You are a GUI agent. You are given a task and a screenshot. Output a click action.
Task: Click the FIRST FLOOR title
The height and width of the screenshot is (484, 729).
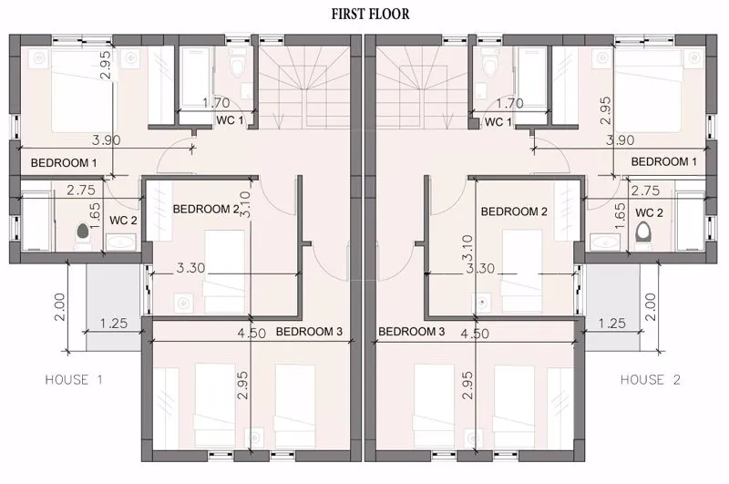click(x=371, y=14)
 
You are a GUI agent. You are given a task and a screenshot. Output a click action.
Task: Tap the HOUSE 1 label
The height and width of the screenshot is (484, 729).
click(x=74, y=380)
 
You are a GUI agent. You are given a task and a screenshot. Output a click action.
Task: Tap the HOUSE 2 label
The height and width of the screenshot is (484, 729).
click(x=651, y=380)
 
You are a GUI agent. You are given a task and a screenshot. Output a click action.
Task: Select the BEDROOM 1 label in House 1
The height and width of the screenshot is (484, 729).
click(x=64, y=163)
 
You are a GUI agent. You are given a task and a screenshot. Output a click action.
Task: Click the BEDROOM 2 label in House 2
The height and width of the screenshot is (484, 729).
click(x=514, y=211)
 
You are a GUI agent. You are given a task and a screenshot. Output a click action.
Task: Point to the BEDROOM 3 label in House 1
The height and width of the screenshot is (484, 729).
click(x=309, y=332)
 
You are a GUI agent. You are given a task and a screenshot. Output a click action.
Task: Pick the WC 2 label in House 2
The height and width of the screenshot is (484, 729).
click(x=649, y=213)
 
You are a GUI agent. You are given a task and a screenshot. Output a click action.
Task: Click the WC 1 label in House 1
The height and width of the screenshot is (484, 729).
click(x=230, y=120)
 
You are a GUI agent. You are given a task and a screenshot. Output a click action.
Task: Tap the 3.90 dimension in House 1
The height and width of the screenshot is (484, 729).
click(x=107, y=139)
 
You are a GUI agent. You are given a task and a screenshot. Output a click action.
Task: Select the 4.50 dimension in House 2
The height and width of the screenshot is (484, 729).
click(x=475, y=334)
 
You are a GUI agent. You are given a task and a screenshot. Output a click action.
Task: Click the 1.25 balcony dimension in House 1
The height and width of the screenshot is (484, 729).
click(x=114, y=324)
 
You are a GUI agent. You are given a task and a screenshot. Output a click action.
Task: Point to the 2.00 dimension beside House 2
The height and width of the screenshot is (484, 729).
click(x=651, y=307)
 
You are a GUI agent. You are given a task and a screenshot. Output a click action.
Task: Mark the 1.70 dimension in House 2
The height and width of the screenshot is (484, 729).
click(x=509, y=103)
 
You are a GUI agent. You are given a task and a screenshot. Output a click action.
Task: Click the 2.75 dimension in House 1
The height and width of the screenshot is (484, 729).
click(x=81, y=190)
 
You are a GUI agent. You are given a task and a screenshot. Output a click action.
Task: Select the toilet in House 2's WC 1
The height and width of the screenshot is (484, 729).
click(x=489, y=63)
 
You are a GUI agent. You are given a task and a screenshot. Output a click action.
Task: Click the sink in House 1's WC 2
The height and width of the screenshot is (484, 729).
click(x=121, y=242)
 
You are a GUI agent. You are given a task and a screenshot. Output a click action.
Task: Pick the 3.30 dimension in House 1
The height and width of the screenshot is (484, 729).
click(x=190, y=268)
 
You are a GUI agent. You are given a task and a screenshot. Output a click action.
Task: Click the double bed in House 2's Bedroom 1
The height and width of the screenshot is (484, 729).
click(x=648, y=91)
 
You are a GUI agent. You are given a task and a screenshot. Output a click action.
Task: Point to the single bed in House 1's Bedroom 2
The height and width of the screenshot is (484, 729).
click(x=224, y=271)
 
